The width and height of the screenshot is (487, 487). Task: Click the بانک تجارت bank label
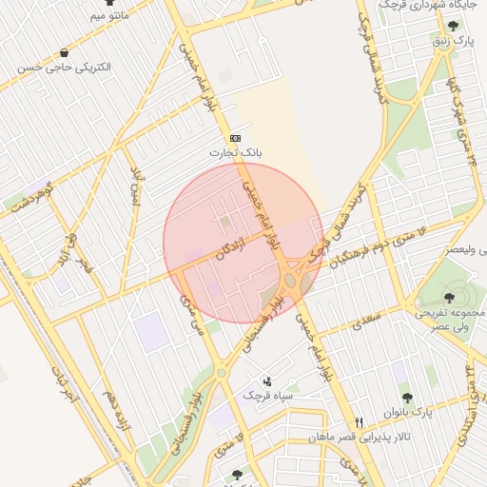click(239, 152)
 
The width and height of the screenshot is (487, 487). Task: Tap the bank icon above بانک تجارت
click(235, 138)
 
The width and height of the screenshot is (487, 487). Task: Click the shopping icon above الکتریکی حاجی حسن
click(64, 52)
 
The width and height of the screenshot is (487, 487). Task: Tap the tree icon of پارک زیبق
click(453, 26)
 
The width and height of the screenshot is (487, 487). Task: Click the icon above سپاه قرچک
click(265, 380)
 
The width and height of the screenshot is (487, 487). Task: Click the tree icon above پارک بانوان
click(407, 398)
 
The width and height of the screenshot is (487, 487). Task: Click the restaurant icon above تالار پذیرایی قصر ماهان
click(359, 422)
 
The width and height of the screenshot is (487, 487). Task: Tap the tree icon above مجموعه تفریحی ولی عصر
click(449, 298)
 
